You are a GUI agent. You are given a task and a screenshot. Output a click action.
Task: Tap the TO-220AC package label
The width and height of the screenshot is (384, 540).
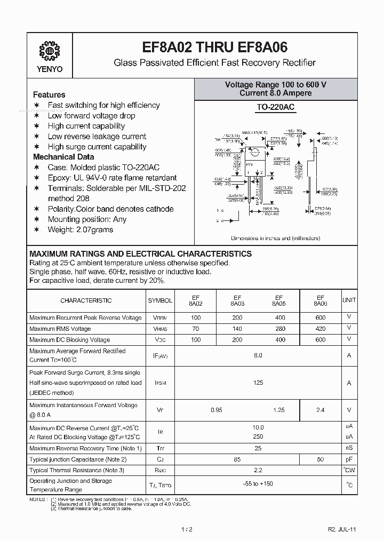(x=275, y=107)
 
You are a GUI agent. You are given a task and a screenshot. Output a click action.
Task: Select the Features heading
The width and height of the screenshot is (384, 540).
(x=49, y=94)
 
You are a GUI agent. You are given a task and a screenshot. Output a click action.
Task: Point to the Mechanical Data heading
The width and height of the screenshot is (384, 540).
(x=63, y=157)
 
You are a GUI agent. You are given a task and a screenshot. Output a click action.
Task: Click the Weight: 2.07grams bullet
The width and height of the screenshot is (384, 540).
(x=80, y=229)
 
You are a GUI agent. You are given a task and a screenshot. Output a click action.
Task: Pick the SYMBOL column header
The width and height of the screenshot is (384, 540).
(x=160, y=300)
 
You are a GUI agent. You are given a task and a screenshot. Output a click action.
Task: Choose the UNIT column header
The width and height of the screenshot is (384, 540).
(x=349, y=300)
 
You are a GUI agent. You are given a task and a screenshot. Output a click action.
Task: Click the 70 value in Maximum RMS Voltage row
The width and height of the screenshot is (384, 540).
(x=195, y=329)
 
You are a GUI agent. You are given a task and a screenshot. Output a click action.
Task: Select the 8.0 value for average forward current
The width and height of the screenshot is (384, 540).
(x=258, y=355)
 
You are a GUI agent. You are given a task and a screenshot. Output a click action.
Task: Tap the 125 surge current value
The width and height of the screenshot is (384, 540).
(x=258, y=383)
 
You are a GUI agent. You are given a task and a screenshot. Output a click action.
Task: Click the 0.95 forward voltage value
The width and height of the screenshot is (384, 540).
(x=217, y=410)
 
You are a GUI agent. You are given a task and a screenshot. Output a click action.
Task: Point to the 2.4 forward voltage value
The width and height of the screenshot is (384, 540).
(x=321, y=410)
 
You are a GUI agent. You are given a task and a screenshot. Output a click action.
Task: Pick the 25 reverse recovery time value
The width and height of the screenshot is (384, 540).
(x=258, y=448)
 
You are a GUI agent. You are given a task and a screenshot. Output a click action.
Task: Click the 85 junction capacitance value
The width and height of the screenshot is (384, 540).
(x=237, y=459)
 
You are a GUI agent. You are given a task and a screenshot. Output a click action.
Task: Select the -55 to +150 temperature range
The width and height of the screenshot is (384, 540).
(x=258, y=485)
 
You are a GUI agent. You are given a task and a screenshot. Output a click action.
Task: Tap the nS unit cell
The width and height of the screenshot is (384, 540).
(x=349, y=448)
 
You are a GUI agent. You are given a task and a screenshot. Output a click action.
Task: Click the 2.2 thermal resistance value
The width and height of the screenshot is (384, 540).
(x=258, y=470)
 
